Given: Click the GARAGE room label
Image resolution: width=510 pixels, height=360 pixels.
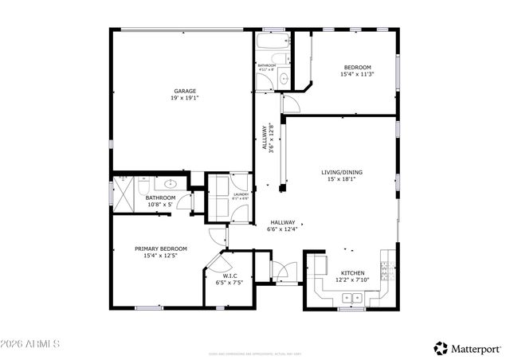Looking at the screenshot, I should coord(185,91).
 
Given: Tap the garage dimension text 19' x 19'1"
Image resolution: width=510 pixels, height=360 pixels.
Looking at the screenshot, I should coord(185,98).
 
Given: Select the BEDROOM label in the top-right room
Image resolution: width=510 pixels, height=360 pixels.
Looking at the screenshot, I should coord(357,67).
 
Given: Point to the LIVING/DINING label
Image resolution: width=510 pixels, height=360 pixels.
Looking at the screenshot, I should coord(342,172).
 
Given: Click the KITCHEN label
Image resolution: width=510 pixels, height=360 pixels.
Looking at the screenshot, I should coord(352,272).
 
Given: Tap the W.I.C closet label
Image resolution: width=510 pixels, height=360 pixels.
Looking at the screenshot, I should coord(229,276).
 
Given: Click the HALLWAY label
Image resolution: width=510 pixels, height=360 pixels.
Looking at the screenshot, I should coord(282,223).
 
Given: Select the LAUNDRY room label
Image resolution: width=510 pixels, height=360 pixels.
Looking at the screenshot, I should coord(241,194).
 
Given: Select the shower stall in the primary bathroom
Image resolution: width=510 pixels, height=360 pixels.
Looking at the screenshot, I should coord(122,191).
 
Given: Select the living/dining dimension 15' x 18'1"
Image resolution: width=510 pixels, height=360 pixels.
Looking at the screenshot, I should coord(342,179).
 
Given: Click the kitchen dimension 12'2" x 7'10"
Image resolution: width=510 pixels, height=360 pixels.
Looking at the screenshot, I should coord(352,280).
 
